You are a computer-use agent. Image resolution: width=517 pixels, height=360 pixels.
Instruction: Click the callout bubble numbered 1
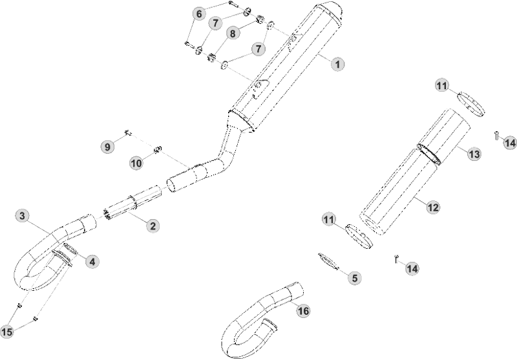click(337, 63)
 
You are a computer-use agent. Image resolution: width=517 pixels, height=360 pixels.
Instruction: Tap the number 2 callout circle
click(153, 226)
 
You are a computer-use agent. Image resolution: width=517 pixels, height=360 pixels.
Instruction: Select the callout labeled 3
click(22, 216)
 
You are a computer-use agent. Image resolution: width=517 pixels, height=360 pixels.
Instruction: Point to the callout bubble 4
click(92, 261)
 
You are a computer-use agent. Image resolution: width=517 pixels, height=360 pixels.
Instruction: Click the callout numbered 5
click(355, 278)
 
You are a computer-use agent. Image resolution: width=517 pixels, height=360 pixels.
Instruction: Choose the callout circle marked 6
click(199, 14)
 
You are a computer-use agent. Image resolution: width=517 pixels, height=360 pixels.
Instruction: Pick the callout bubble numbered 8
click(233, 33)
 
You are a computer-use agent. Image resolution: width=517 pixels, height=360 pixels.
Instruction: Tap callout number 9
click(107, 146)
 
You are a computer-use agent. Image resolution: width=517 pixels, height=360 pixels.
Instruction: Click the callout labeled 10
click(136, 163)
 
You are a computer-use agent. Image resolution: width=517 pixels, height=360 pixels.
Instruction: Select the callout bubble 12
click(433, 207)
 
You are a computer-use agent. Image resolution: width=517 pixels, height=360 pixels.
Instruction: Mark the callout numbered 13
click(474, 154)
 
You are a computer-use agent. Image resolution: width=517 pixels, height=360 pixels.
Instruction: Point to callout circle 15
click(7, 332)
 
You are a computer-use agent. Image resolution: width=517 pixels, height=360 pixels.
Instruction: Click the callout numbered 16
click(304, 311)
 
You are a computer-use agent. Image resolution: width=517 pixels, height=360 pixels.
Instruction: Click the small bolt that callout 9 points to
click(128, 133)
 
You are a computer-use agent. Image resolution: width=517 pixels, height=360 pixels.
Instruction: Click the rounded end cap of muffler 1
click(330, 10)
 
